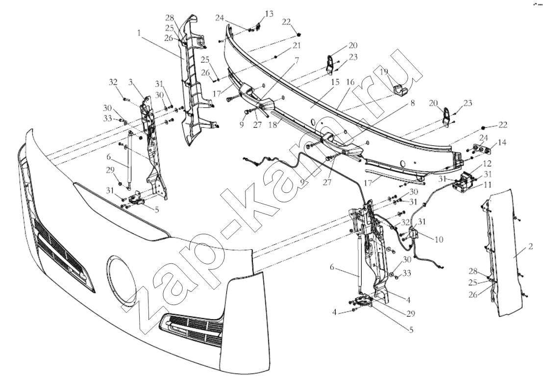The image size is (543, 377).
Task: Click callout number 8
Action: pyautogui.click(x=400, y=103)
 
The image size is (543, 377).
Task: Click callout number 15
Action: pyautogui.click(x=335, y=84)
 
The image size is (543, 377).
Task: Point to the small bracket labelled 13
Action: pyautogui.click(x=258, y=25)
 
